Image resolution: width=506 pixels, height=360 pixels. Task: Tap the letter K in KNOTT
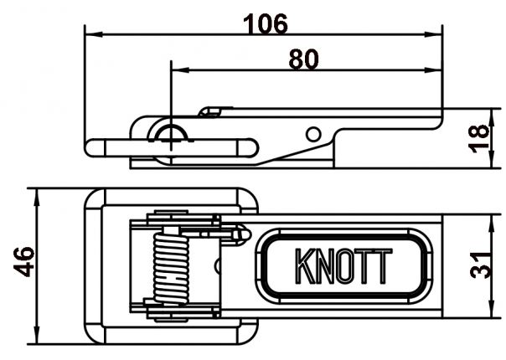coord(305,266)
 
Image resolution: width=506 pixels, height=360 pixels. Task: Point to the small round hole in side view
coord(312,133)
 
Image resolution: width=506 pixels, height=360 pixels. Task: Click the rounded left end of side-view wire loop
coord(95,148)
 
